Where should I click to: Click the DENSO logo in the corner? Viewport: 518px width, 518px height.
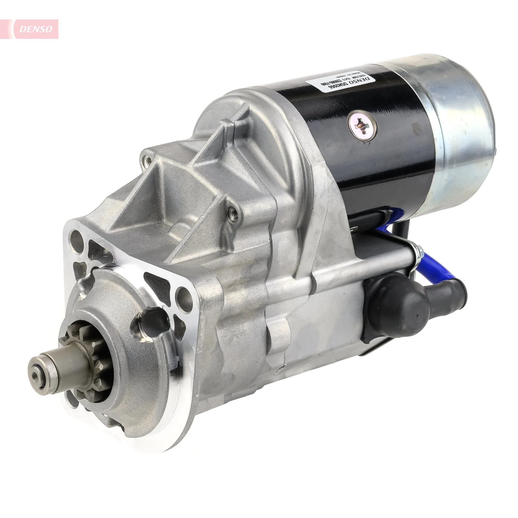click(x=35, y=29)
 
